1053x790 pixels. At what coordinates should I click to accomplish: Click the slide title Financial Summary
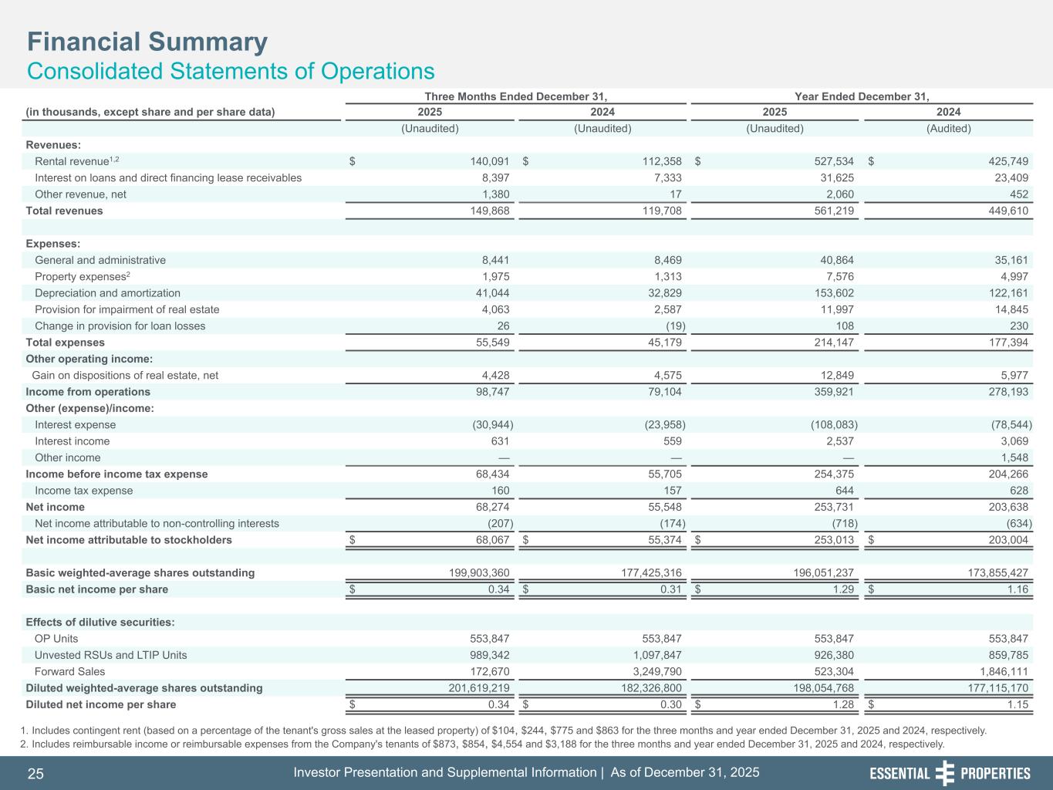147,42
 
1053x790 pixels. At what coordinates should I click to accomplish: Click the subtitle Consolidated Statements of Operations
231,72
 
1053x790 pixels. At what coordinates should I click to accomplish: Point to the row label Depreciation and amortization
107,293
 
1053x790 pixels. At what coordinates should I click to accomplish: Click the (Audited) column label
948,129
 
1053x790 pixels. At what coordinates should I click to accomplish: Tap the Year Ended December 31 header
861,96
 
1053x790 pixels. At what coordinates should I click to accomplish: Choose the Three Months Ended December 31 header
515,96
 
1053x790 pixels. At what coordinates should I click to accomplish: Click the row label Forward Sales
70,671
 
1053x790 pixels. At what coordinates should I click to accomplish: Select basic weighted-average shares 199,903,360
469,572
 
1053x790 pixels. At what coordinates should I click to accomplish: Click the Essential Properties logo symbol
945,773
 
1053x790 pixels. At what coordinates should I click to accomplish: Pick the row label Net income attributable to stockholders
129,540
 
